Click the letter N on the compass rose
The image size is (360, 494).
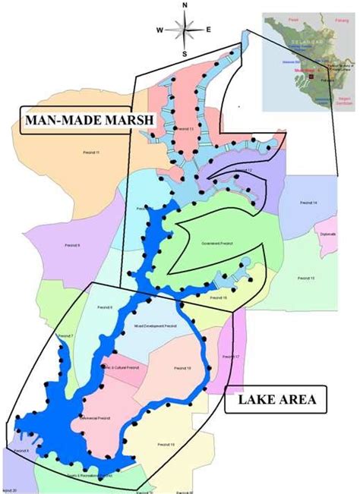(x=185, y=6)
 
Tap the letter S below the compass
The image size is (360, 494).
(x=185, y=55)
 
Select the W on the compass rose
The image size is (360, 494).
(x=160, y=30)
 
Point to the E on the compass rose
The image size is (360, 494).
(x=209, y=30)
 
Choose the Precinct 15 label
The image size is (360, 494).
(x=307, y=278)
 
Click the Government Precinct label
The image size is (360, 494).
(x=215, y=244)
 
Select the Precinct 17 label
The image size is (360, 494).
(x=230, y=357)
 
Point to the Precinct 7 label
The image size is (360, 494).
(x=66, y=335)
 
